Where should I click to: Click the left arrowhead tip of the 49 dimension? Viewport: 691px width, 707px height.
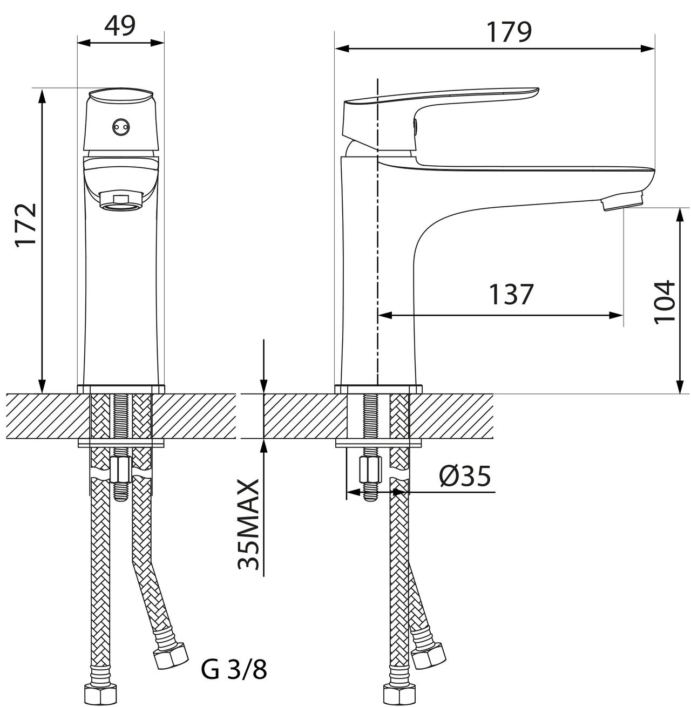pyautogui.click(x=77, y=43)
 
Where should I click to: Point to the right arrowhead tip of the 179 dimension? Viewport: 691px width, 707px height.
pyautogui.click(x=655, y=48)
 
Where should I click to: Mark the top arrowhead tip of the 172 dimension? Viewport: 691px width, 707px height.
pyautogui.click(x=42, y=89)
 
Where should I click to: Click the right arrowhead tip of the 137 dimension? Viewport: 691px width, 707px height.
pyautogui.click(x=623, y=315)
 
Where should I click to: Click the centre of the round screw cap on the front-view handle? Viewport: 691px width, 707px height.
pyautogui.click(x=121, y=127)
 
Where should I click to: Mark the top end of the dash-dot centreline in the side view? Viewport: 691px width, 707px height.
pyautogui.click(x=378, y=78)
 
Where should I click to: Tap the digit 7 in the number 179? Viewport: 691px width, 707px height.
pyautogui.click(x=509, y=32)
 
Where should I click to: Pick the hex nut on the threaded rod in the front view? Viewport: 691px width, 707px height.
pyautogui.click(x=121, y=470)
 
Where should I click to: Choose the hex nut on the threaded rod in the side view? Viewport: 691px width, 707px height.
pyautogui.click(x=371, y=470)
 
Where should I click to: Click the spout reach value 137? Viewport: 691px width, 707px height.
pyautogui.click(x=511, y=294)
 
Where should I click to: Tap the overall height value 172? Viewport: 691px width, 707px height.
pyautogui.click(x=26, y=225)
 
